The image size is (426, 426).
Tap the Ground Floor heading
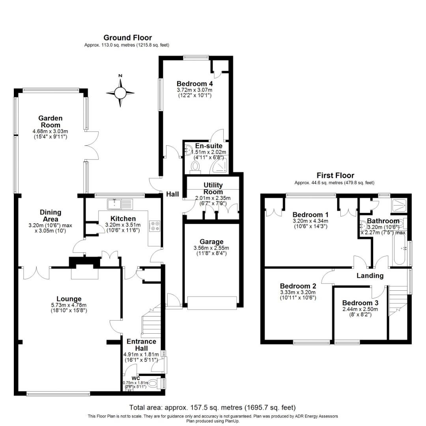pos(127,38)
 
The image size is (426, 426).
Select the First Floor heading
pos(335,176)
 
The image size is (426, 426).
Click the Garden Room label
pos(50,121)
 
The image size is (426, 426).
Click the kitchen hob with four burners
pos(153,225)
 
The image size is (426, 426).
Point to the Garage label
pos(211,242)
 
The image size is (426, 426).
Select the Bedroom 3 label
pos(360,303)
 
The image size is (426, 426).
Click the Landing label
pos(370,276)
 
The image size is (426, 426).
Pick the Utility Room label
pos(213,188)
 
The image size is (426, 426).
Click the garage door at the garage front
pos(212,303)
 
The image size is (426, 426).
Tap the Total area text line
pos(213,407)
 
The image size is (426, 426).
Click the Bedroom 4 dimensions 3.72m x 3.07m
pos(195,90)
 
